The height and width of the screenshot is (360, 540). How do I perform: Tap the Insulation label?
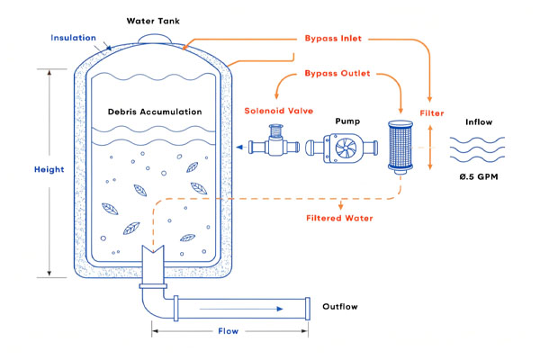(74, 38)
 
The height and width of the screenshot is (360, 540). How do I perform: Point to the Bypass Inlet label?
(335, 40)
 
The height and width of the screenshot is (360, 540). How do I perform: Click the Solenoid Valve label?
(274, 111)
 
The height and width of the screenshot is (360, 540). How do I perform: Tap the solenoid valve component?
(274, 145)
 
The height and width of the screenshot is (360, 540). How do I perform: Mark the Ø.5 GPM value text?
(478, 176)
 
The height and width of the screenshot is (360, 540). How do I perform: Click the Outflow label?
(340, 307)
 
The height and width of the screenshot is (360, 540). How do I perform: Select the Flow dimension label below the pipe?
(229, 331)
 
